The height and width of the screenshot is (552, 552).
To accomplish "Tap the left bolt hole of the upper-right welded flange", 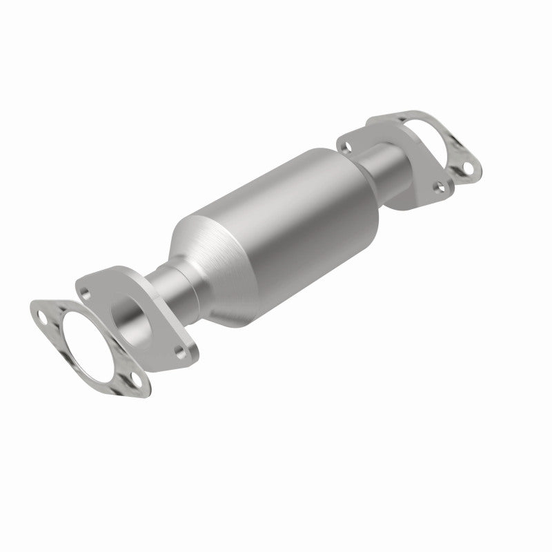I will [x=347, y=145].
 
